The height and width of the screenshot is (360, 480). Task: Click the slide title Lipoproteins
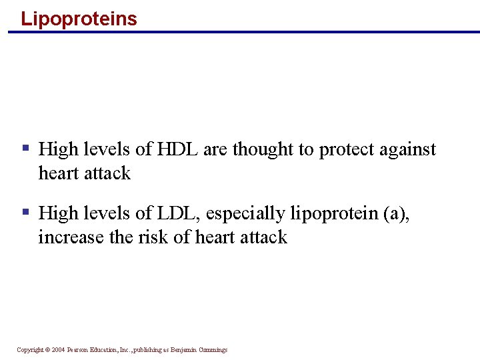click(79, 18)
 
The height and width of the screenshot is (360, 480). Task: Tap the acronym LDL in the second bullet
click(177, 213)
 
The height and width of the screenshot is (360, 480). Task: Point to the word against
click(410, 150)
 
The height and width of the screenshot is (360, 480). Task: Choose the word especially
click(246, 214)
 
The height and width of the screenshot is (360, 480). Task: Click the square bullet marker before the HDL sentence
click(25, 148)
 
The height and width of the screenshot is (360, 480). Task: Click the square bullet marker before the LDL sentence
click(25, 212)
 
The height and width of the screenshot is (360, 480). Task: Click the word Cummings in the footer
click(215, 350)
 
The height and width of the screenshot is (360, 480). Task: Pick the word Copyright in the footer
click(29, 350)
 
